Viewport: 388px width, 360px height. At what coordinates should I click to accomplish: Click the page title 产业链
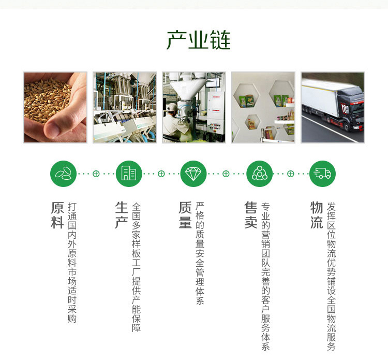pos(199,40)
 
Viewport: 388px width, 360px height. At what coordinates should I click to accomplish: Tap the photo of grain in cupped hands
pos(55,107)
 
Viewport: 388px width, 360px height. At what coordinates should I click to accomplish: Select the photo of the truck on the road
pos(333,107)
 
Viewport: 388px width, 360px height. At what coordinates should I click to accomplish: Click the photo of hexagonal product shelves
pos(263,107)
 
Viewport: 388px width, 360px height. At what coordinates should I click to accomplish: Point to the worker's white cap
pos(172,107)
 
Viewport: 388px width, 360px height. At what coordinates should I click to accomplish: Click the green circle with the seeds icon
pos(63,174)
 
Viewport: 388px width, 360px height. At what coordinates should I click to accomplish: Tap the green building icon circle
pos(129,174)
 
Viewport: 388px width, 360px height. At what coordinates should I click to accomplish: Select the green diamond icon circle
pos(193,174)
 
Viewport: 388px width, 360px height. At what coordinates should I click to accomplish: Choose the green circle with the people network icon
pos(259,174)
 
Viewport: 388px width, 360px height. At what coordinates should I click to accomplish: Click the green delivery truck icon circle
pos(322,174)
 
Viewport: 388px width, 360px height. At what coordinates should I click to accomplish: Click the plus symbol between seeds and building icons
pos(96,174)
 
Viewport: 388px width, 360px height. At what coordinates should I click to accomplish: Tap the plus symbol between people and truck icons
pos(291,174)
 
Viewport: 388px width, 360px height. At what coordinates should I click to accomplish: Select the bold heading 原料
pos(57,215)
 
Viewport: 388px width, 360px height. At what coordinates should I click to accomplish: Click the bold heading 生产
pos(122,215)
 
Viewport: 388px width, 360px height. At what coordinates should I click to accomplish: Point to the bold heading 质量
pos(185,215)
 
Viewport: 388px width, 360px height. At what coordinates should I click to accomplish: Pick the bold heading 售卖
pos(251,215)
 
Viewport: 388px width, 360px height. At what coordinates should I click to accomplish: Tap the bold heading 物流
pos(317,215)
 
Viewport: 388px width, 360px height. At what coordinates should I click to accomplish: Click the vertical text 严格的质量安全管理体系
pos(200,253)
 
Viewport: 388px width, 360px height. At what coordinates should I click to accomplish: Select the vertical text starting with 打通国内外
pos(72,263)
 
